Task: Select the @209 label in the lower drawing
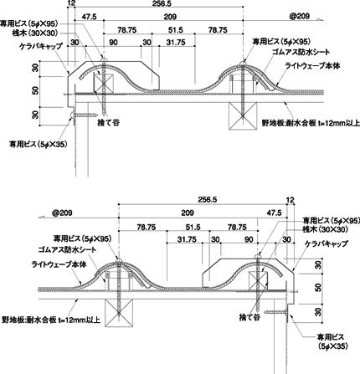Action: click(x=62, y=213)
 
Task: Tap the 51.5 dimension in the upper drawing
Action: click(x=176, y=30)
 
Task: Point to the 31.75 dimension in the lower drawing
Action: click(x=187, y=239)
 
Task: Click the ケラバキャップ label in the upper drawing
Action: click(x=41, y=47)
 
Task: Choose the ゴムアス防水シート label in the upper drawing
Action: click(x=301, y=52)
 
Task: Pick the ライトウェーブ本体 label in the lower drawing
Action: click(x=59, y=264)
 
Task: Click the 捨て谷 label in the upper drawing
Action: click(x=109, y=122)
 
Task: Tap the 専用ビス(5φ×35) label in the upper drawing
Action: click(x=38, y=144)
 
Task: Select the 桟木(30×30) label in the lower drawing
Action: click(x=326, y=229)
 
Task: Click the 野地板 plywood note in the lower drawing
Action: click(x=51, y=320)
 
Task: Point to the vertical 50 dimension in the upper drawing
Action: click(x=35, y=90)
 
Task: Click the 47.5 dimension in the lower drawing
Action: click(x=275, y=213)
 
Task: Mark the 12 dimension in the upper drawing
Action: click(x=71, y=3)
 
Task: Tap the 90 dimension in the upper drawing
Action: click(x=113, y=43)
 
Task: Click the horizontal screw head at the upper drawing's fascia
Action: click(x=72, y=115)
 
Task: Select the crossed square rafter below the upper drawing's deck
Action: click(x=243, y=115)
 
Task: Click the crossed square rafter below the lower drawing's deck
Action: click(x=119, y=313)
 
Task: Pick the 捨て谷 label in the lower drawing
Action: click(x=249, y=317)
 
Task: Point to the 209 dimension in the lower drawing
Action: click(x=188, y=213)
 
